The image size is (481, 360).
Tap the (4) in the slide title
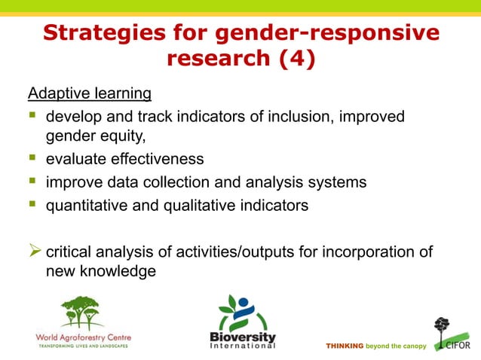pyautogui.click(x=287, y=59)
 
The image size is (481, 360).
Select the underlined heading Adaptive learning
pyautogui.click(x=90, y=93)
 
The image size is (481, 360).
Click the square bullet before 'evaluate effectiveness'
pyautogui.click(x=33, y=158)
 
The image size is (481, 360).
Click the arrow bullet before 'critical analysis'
pyautogui.click(x=35, y=251)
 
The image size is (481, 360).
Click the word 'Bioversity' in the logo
pyautogui.click(x=243, y=337)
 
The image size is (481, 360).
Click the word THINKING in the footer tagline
pyautogui.click(x=344, y=346)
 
